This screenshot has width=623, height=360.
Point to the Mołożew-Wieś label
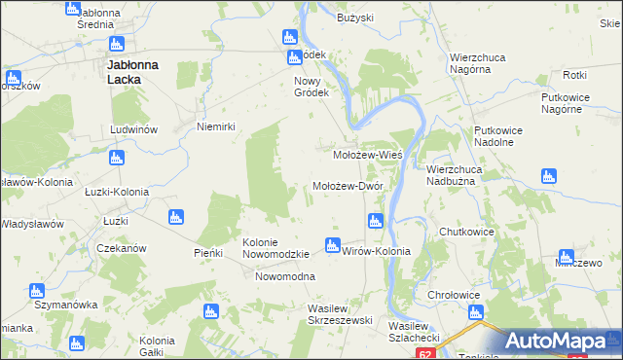point(368,155)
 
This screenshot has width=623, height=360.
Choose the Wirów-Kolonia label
point(377,251)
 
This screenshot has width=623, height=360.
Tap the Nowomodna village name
point(284,277)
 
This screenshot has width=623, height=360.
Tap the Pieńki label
point(208,253)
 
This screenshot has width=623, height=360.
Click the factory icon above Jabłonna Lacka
point(117,44)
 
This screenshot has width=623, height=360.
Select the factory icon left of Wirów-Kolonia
point(332,244)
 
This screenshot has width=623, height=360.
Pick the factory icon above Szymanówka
point(37,290)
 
